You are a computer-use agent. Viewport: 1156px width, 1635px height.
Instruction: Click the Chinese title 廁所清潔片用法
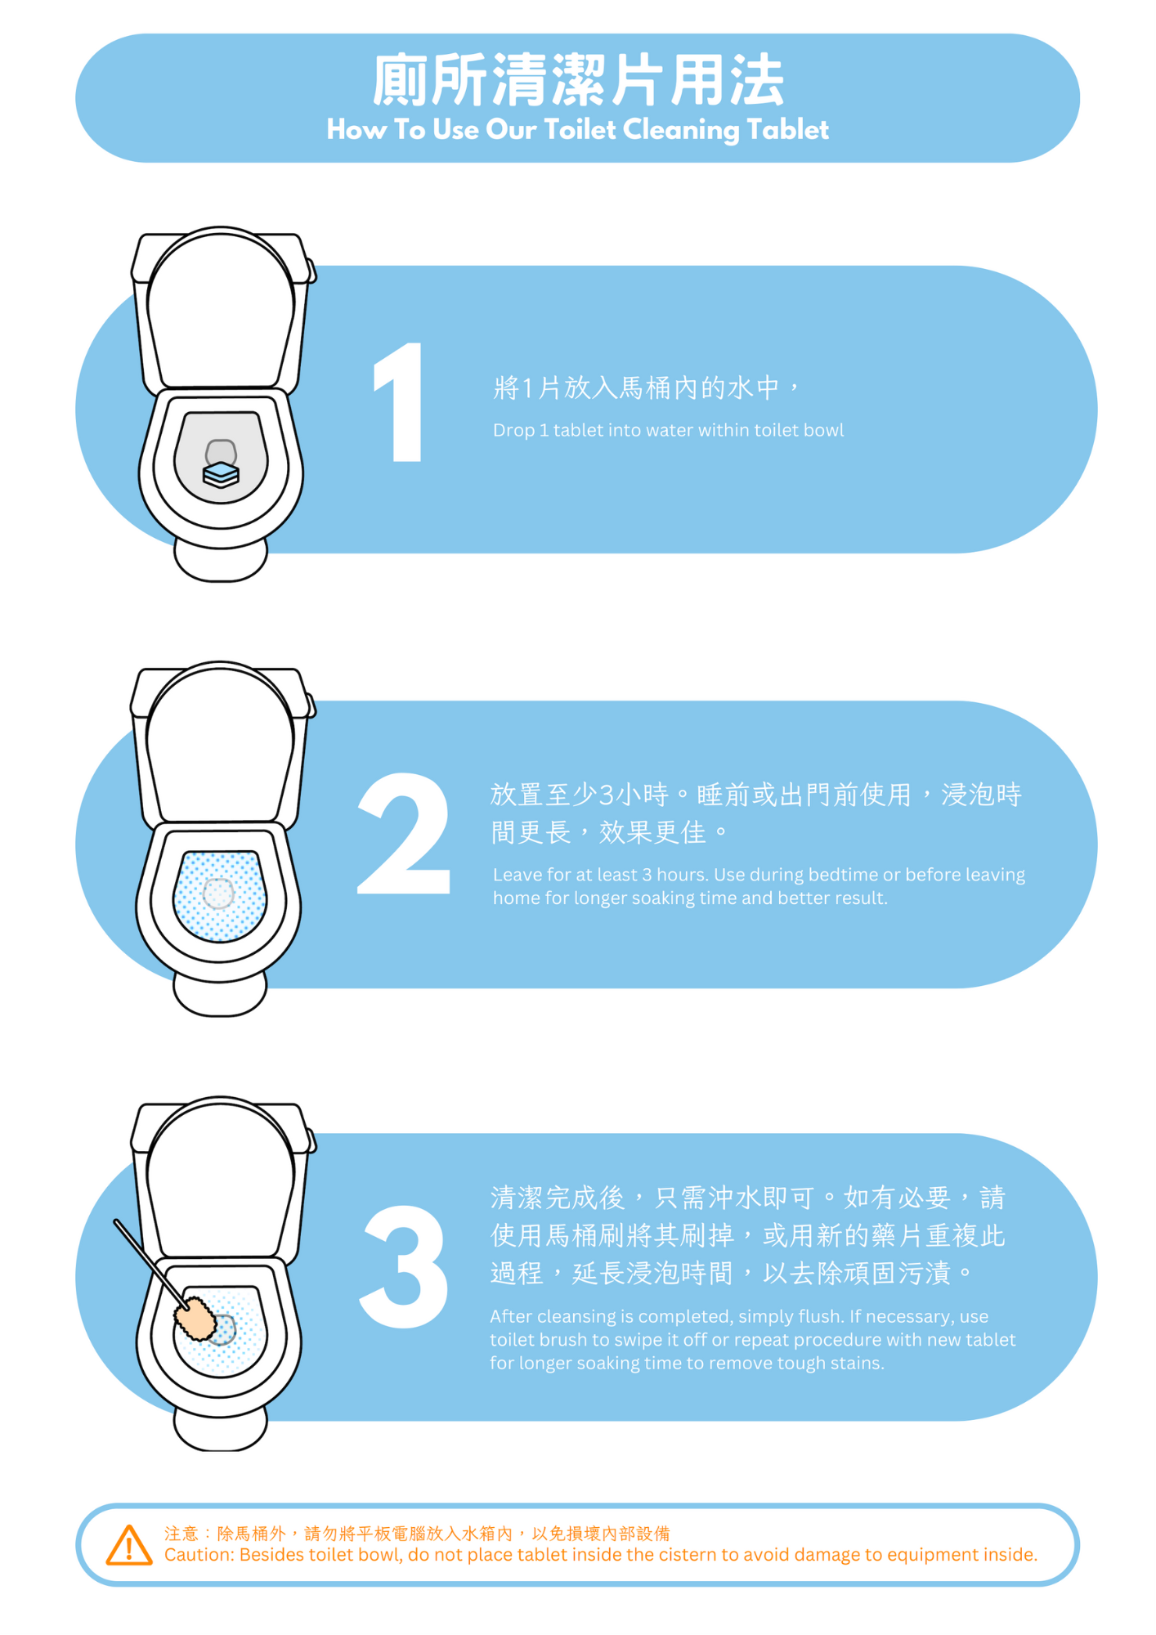point(578,80)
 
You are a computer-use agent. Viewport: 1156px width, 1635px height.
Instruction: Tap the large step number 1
point(399,402)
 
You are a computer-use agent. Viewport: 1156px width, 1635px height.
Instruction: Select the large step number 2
point(404,833)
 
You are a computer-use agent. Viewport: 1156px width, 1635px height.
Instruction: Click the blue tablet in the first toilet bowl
point(221,474)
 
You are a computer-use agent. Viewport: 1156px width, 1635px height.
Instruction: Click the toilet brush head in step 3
point(195,1318)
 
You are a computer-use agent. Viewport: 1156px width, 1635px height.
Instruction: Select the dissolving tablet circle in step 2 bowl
point(218,894)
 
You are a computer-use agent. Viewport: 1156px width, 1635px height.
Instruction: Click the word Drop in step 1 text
point(513,431)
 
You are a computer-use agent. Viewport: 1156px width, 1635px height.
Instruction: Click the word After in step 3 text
point(513,1316)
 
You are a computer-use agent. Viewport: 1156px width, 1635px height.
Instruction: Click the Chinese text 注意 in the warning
point(181,1534)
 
